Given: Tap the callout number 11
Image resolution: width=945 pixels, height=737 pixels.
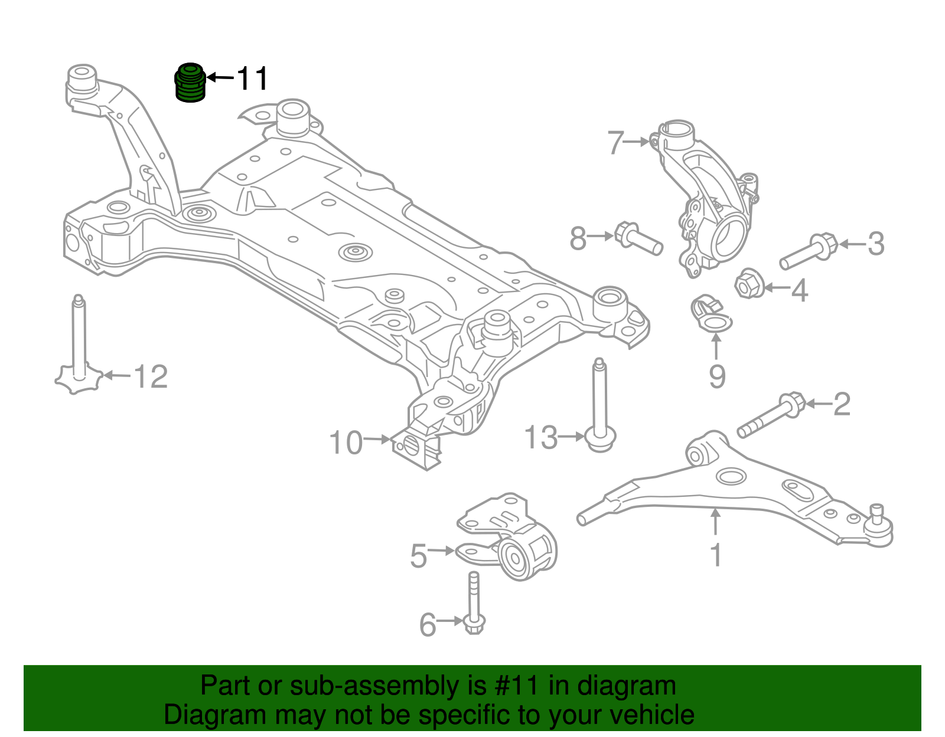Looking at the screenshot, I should (252, 78).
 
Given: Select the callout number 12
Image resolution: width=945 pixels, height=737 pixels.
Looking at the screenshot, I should (151, 376).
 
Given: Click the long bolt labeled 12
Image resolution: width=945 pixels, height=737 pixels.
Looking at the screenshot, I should (78, 348).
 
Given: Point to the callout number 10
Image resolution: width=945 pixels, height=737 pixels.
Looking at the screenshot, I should (346, 443).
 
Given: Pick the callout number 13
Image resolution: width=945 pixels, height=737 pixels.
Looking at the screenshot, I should (540, 438).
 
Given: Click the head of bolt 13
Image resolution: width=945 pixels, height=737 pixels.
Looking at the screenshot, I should (601, 440).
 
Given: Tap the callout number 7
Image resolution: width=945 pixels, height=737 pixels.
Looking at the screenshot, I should (615, 143).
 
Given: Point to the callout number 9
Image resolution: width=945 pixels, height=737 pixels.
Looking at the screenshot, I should (716, 376).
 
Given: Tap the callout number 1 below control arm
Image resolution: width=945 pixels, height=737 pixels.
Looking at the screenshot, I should (715, 555).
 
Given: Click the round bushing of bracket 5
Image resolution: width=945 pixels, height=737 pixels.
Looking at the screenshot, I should (513, 557).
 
